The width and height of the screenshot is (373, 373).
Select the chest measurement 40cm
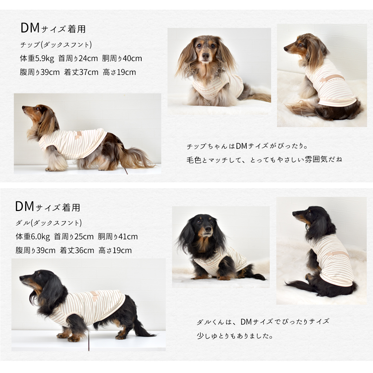coord(132,58)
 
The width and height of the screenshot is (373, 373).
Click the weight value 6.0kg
coord(40,237)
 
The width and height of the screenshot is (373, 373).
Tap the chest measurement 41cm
coord(128,237)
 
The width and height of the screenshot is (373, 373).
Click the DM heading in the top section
coord(30,28)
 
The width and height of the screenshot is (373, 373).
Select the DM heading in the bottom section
coord(25,207)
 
